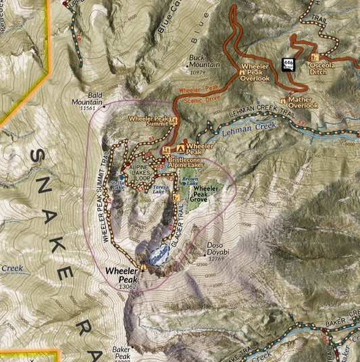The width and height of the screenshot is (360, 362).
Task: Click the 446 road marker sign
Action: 288,64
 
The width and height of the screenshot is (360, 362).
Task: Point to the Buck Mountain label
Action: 197,61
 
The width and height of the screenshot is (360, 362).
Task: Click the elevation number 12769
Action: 215,259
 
